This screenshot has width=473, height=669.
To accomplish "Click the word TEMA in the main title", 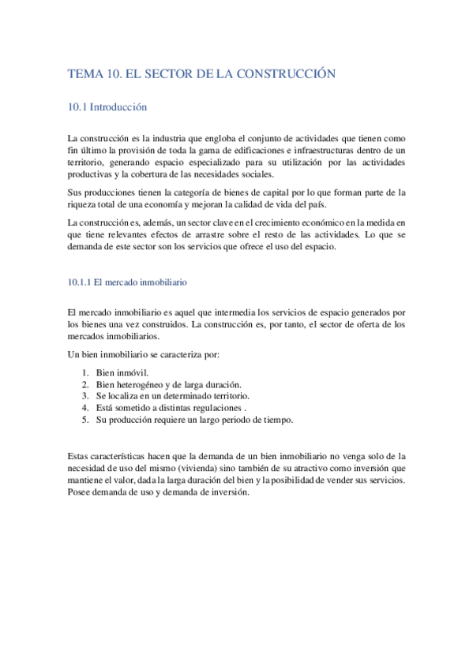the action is [x=85, y=73].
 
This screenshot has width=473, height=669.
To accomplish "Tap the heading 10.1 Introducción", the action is [x=108, y=107].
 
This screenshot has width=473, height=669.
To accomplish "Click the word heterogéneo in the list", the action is [x=145, y=383].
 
